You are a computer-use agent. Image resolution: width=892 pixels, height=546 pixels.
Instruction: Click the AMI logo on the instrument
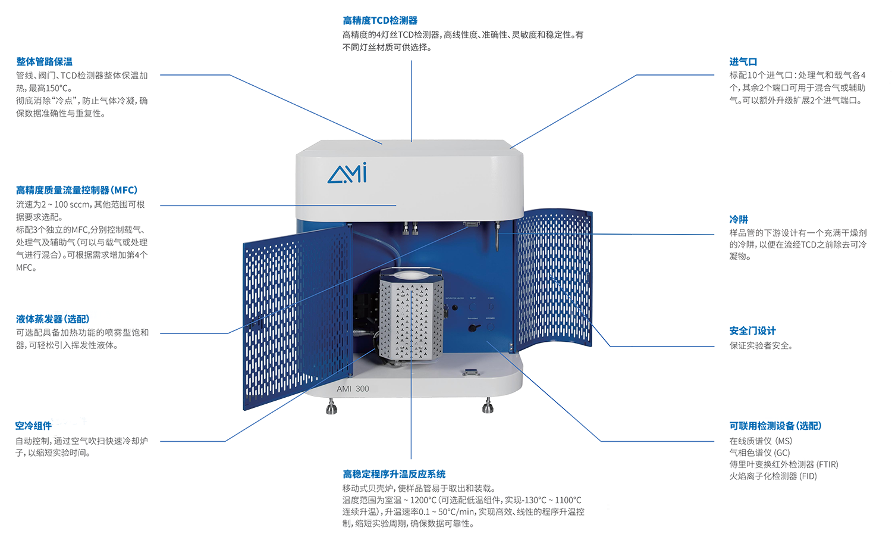(347, 173)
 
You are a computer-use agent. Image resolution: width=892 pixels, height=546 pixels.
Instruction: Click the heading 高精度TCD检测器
(380, 20)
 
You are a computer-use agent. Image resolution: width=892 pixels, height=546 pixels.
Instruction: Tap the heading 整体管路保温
(44, 61)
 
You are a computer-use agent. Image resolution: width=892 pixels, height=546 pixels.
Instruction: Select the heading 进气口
(743, 62)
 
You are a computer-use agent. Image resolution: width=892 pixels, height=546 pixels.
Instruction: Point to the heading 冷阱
(739, 219)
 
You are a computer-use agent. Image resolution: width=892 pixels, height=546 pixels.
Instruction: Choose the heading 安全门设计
(752, 330)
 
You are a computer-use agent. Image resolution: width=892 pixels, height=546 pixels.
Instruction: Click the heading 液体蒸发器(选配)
(52, 319)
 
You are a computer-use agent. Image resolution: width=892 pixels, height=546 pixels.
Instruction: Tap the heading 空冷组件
(33, 426)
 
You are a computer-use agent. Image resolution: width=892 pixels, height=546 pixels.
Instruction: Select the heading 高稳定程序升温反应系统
(394, 474)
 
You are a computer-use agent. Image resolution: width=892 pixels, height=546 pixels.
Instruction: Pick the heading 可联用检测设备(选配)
(775, 426)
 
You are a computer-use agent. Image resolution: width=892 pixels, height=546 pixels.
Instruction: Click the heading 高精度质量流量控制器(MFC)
(77, 191)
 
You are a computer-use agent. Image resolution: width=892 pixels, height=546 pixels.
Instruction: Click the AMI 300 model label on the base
(353, 389)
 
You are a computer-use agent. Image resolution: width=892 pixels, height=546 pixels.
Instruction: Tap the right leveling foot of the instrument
(488, 405)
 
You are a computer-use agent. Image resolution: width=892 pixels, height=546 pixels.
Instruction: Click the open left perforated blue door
(297, 317)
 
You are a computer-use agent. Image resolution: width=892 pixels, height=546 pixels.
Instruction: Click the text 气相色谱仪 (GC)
(759, 453)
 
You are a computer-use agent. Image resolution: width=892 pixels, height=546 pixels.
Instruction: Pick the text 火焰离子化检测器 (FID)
(773, 476)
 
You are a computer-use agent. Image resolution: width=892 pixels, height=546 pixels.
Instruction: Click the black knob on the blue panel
(473, 328)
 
